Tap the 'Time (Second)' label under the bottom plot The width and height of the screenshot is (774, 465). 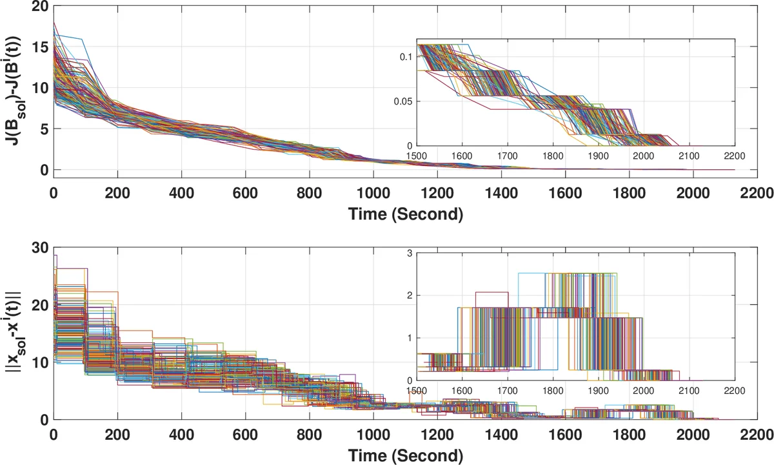406,455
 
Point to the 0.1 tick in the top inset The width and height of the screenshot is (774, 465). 404,57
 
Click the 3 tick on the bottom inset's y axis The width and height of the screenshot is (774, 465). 410,253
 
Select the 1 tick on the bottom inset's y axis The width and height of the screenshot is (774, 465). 410,338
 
